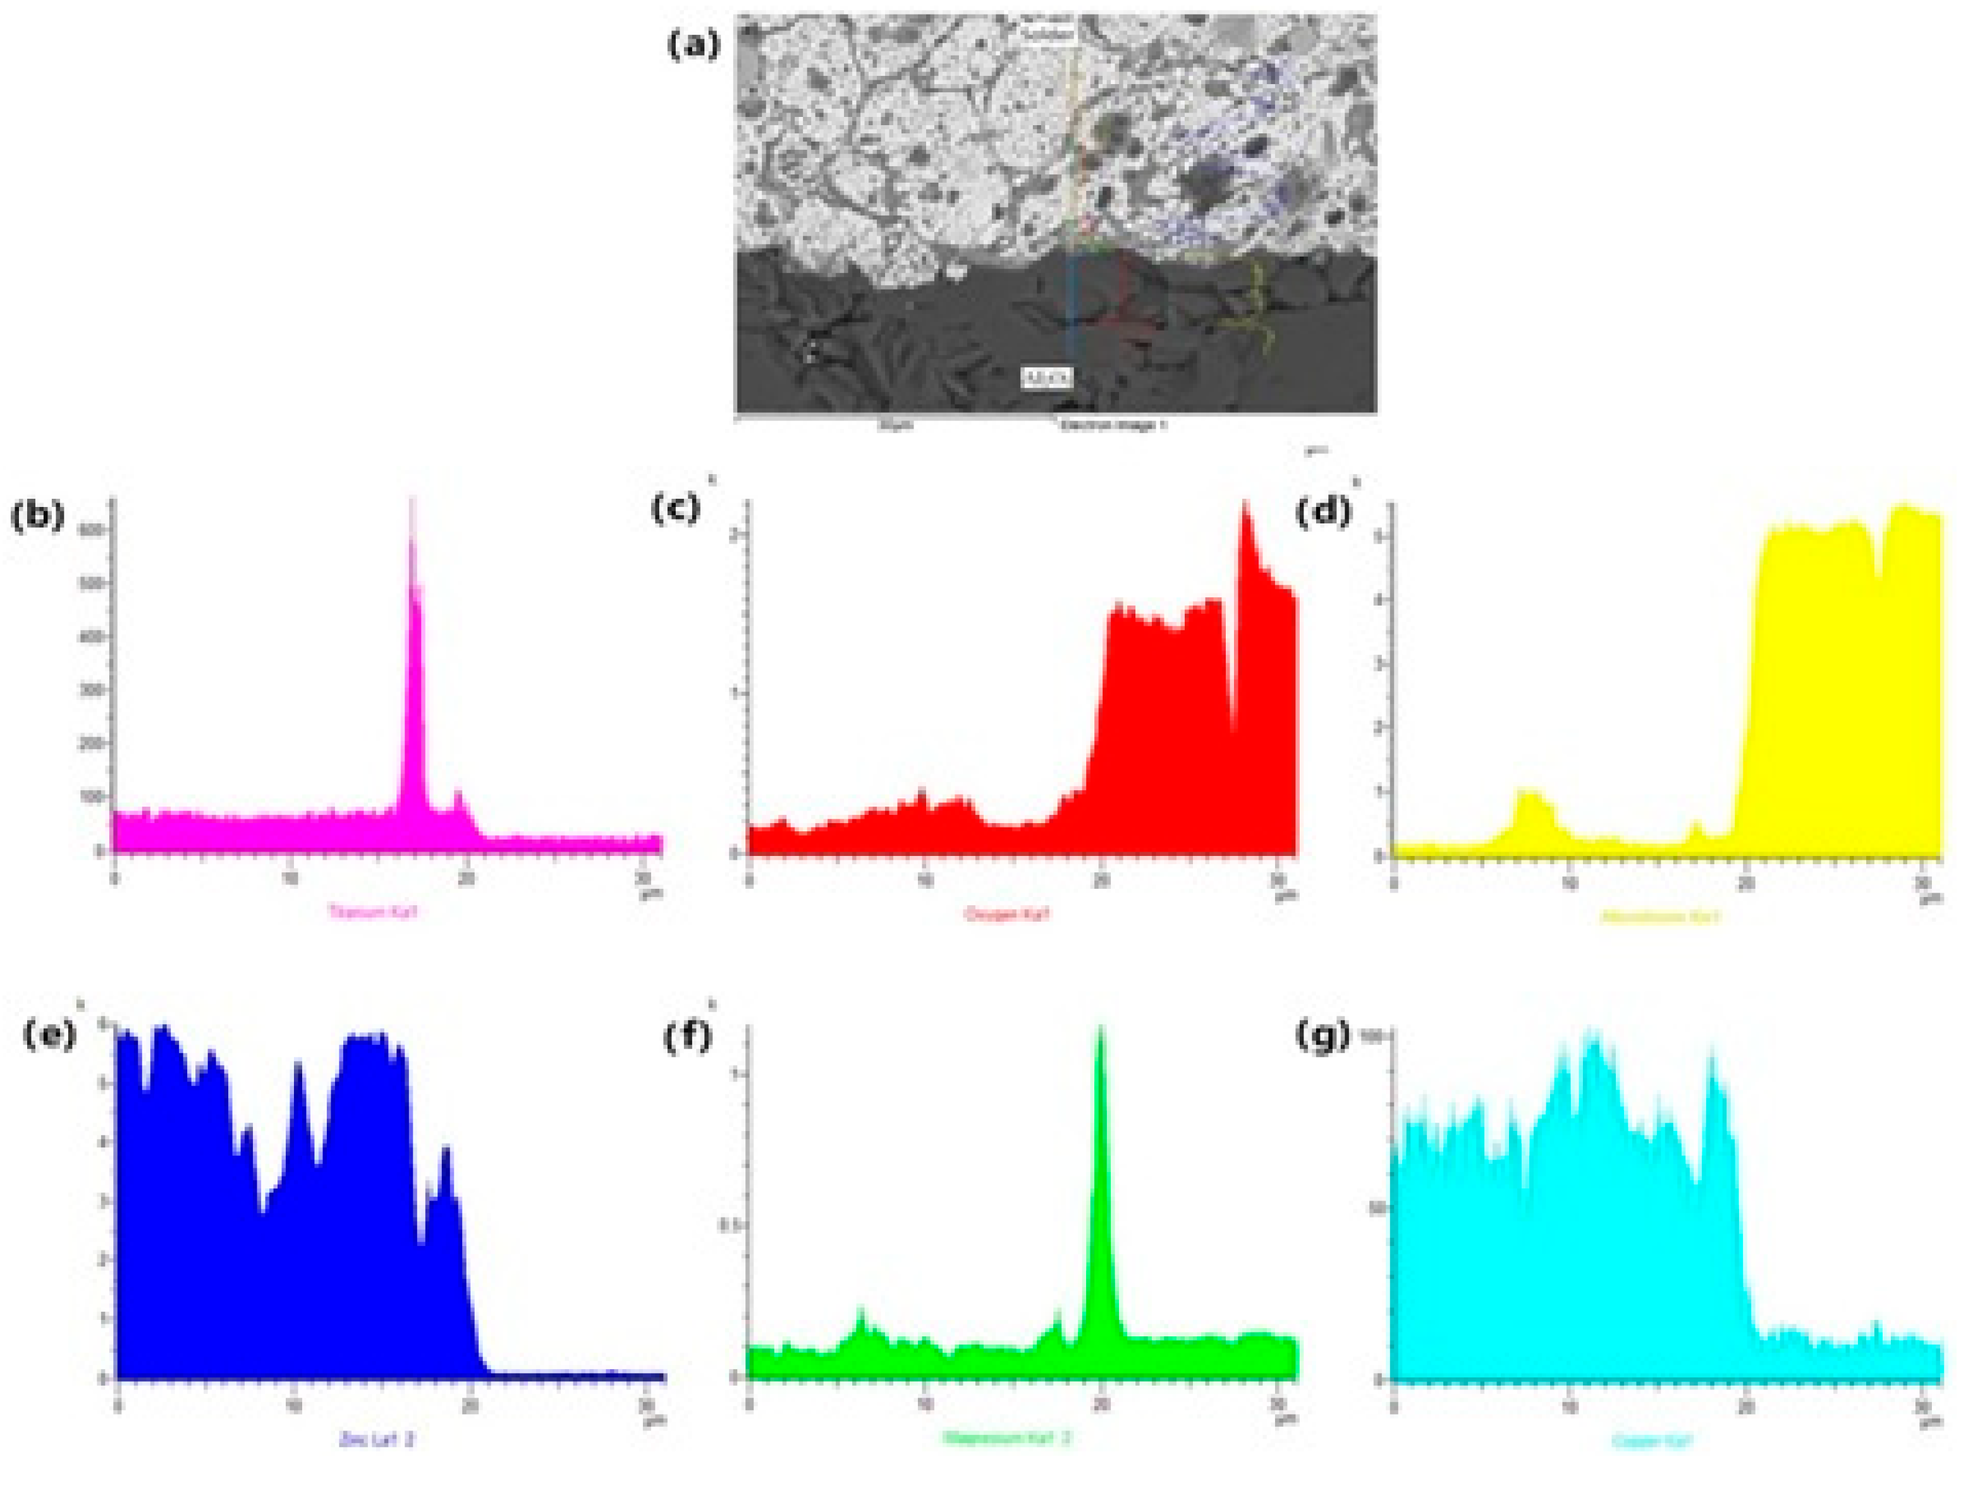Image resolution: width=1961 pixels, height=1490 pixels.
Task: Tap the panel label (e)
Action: pyautogui.click(x=48, y=1036)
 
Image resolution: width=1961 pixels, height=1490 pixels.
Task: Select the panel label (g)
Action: pyautogui.click(x=1323, y=1036)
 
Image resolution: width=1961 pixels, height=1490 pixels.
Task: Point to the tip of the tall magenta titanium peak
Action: pyautogui.click(x=412, y=502)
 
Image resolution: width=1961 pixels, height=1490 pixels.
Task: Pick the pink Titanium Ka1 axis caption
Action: pyautogui.click(x=372, y=911)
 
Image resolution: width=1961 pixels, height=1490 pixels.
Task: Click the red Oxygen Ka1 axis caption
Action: pyautogui.click(x=1006, y=913)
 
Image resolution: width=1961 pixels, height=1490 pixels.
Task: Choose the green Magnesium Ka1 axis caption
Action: pyautogui.click(x=1006, y=1438)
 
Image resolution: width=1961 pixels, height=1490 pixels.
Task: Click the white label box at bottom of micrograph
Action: pyautogui.click(x=1048, y=378)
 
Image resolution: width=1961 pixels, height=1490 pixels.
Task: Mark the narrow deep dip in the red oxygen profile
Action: pyautogui.click(x=1232, y=727)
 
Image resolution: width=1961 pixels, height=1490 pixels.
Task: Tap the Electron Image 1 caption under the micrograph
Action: pyautogui.click(x=1114, y=425)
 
